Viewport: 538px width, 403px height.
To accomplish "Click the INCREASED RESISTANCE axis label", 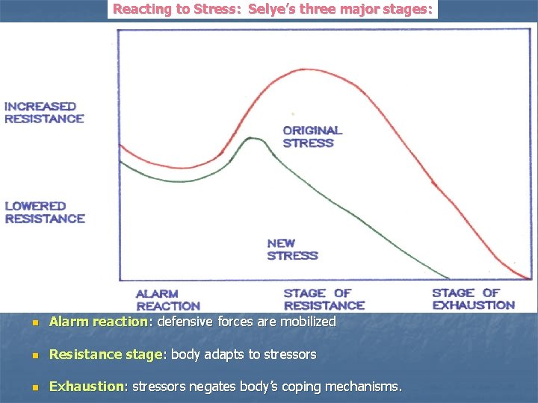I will pos(44,113).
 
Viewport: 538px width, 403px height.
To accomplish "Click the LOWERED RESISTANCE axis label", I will pos(45,212).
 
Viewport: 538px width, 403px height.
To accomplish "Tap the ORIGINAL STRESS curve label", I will pos(312,137).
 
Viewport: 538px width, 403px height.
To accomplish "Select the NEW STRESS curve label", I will pos(292,249).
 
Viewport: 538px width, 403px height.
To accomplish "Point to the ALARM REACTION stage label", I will pos(168,300).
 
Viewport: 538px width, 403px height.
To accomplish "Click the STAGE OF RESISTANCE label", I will pos(324,299).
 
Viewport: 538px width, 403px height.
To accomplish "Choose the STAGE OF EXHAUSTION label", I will pos(474,299).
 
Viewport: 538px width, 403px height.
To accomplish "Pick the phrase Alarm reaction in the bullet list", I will pos(99,322).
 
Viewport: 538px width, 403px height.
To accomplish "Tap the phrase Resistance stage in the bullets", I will pos(105,354).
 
